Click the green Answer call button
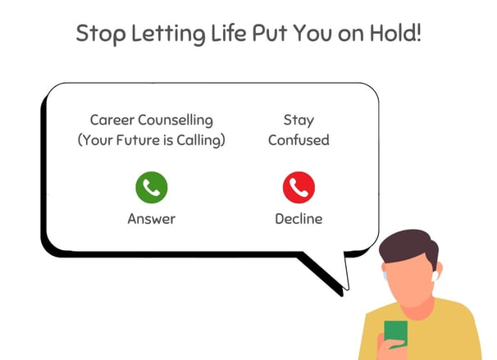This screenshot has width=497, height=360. point(152,187)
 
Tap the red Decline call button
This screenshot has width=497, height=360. point(299,187)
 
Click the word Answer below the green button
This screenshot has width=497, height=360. point(152,219)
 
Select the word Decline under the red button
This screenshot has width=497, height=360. point(299,219)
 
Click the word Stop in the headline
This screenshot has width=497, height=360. point(101,34)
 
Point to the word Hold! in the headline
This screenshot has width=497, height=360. point(396,33)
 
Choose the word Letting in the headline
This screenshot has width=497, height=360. point(168,34)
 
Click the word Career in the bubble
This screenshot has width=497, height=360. point(112,120)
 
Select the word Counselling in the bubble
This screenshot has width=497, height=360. point(176,121)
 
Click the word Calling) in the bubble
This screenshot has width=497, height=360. point(201,141)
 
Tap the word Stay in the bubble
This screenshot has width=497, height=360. point(299,121)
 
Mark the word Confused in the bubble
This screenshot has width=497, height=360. point(299,140)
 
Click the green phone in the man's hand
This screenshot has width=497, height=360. point(396,335)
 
